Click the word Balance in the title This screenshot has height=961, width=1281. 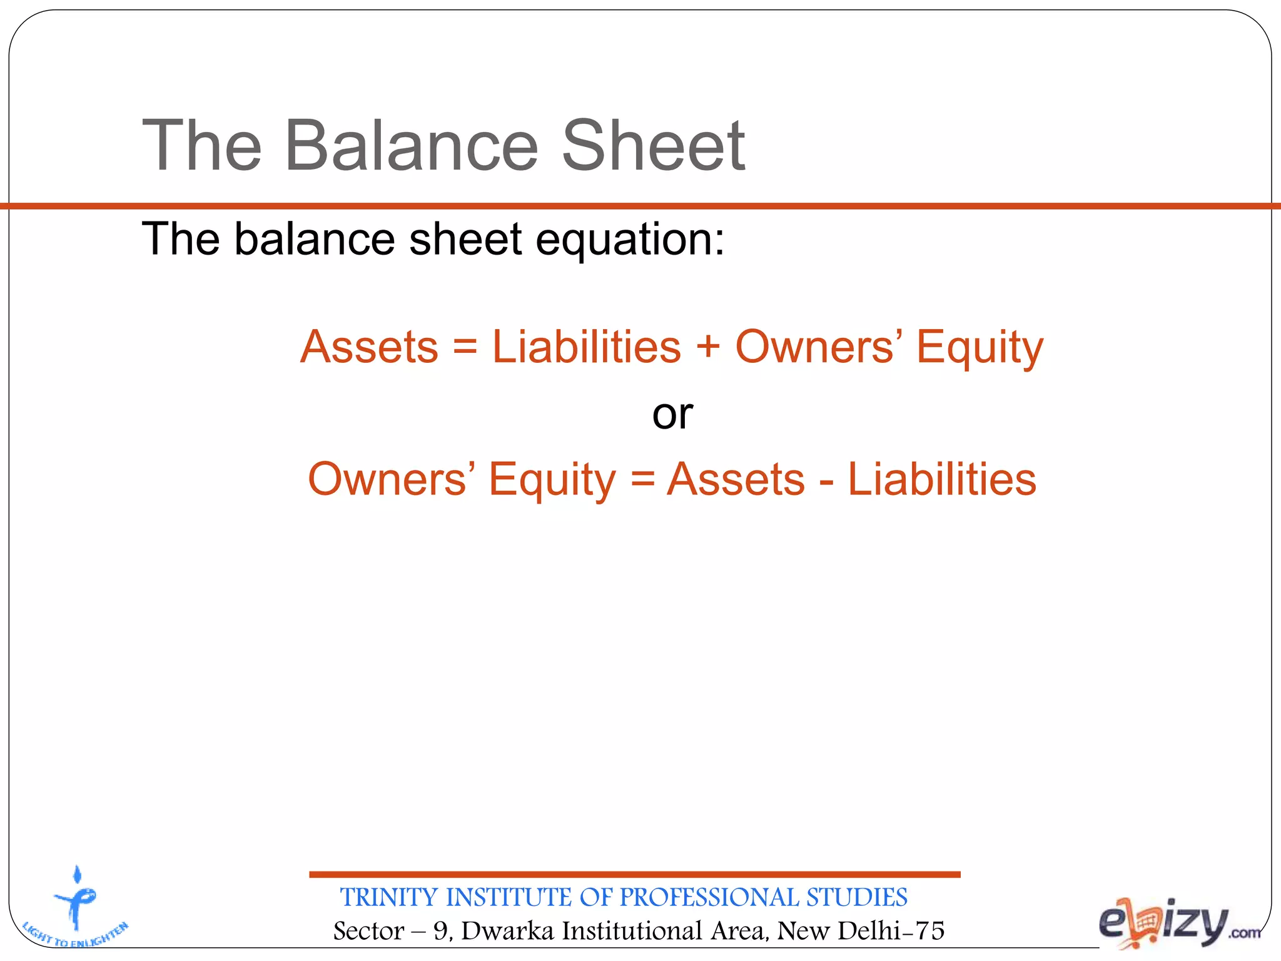[411, 146]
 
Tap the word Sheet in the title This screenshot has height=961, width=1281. [653, 146]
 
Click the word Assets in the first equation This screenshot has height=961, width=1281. [369, 347]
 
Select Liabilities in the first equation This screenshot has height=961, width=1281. [586, 347]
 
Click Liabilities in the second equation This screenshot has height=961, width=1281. [941, 480]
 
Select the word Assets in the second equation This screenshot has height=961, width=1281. [736, 480]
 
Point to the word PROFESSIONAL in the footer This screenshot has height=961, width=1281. [710, 898]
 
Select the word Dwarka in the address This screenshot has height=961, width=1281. [507, 931]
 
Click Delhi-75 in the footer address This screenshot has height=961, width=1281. [891, 931]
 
